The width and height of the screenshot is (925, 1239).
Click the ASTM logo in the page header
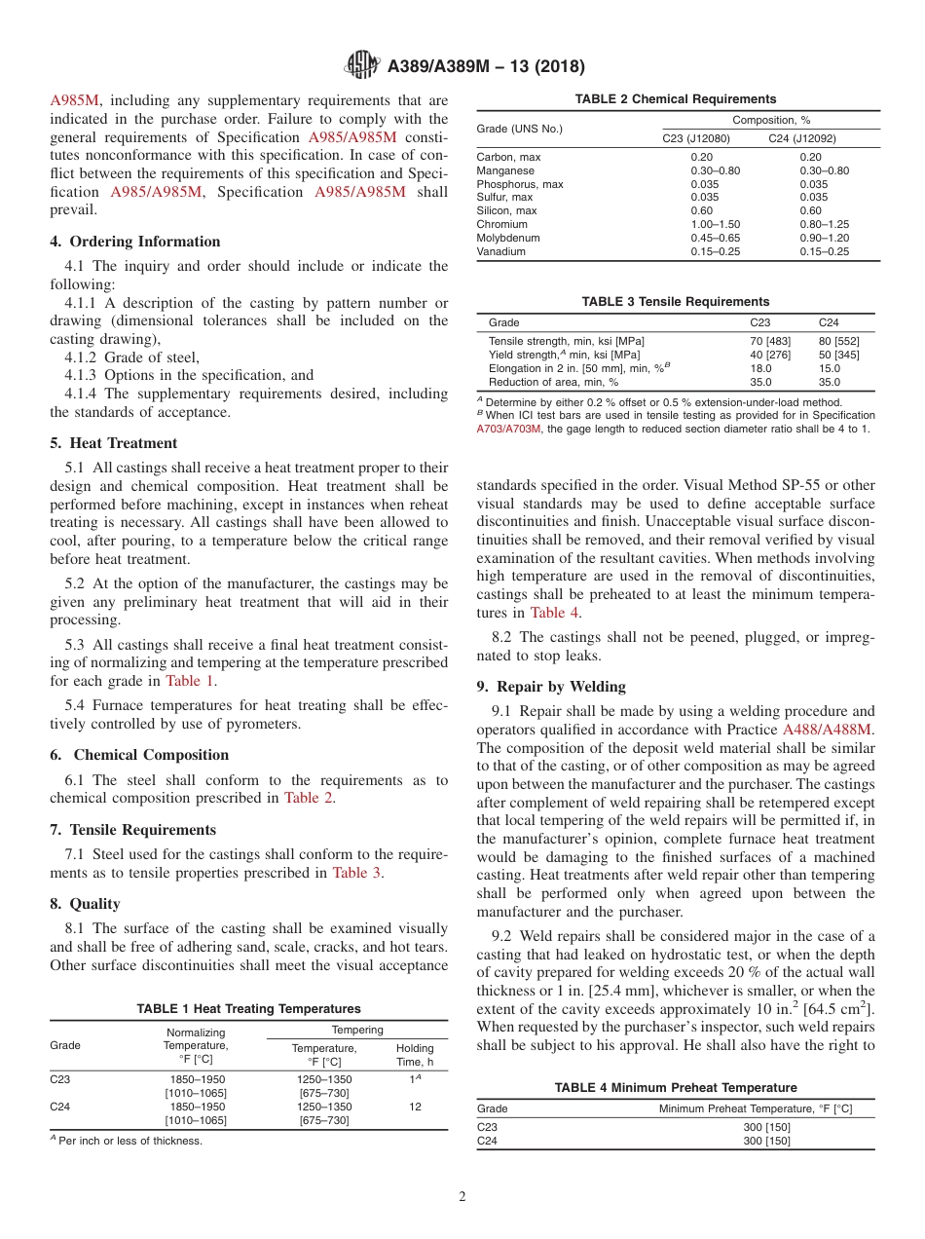(x=362, y=66)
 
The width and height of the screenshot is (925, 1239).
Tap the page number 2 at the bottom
(x=462, y=1197)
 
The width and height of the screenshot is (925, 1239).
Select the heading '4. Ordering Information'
(x=135, y=242)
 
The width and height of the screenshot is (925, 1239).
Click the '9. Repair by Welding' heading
(x=551, y=686)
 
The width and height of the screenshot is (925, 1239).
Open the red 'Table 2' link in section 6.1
(x=309, y=798)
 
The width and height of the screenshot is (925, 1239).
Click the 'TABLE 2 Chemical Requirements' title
(x=676, y=99)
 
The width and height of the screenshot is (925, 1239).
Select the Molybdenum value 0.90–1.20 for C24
(x=824, y=238)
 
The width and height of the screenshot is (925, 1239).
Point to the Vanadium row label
(x=501, y=251)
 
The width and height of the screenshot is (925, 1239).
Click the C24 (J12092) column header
(x=801, y=138)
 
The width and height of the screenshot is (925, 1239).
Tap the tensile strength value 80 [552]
(x=838, y=341)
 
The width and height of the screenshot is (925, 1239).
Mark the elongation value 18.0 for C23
(x=760, y=368)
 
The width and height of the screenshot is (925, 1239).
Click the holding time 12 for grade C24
(x=415, y=1108)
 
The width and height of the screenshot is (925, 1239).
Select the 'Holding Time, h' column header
(x=415, y=1055)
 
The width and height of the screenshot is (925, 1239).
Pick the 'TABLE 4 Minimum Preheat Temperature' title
(x=676, y=1088)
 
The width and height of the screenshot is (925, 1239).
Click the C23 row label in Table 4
(x=487, y=1128)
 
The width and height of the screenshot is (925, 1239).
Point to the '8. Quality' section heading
(x=85, y=904)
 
